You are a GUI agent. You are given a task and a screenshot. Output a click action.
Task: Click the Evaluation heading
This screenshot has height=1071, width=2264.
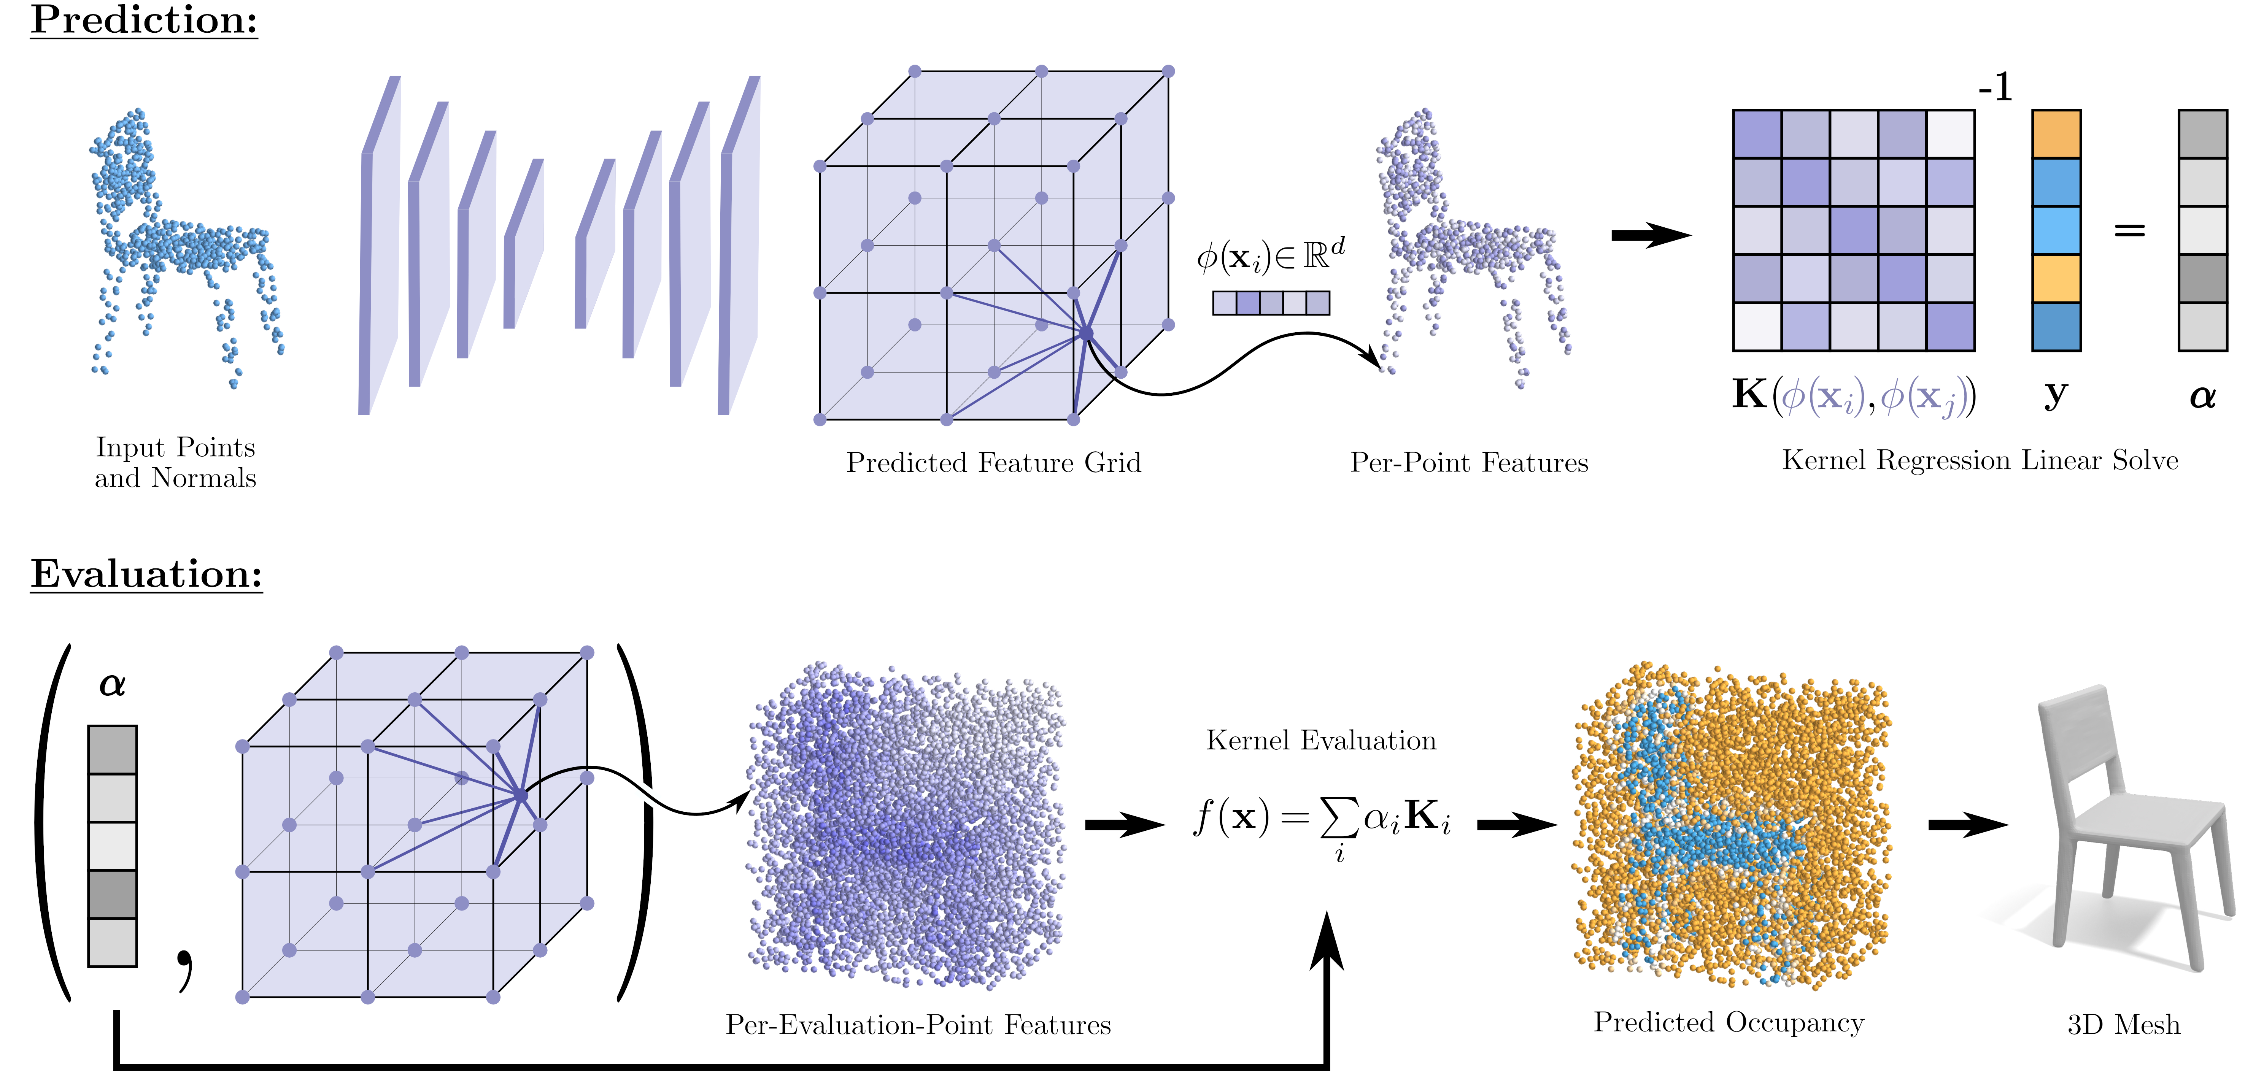point(147,574)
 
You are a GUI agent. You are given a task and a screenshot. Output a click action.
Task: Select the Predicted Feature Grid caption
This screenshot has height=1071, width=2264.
point(993,463)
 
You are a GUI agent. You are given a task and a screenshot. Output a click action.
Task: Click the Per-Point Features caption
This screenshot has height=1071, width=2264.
point(1469,463)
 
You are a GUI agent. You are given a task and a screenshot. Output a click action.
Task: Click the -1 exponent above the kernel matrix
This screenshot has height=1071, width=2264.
point(1995,88)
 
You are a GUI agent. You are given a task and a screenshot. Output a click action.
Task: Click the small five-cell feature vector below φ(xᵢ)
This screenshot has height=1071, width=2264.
point(1271,303)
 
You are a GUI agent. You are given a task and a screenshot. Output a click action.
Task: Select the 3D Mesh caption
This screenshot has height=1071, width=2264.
point(2123,1025)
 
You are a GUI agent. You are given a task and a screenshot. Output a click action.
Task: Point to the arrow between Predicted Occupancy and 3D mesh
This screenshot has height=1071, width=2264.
point(1967,825)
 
